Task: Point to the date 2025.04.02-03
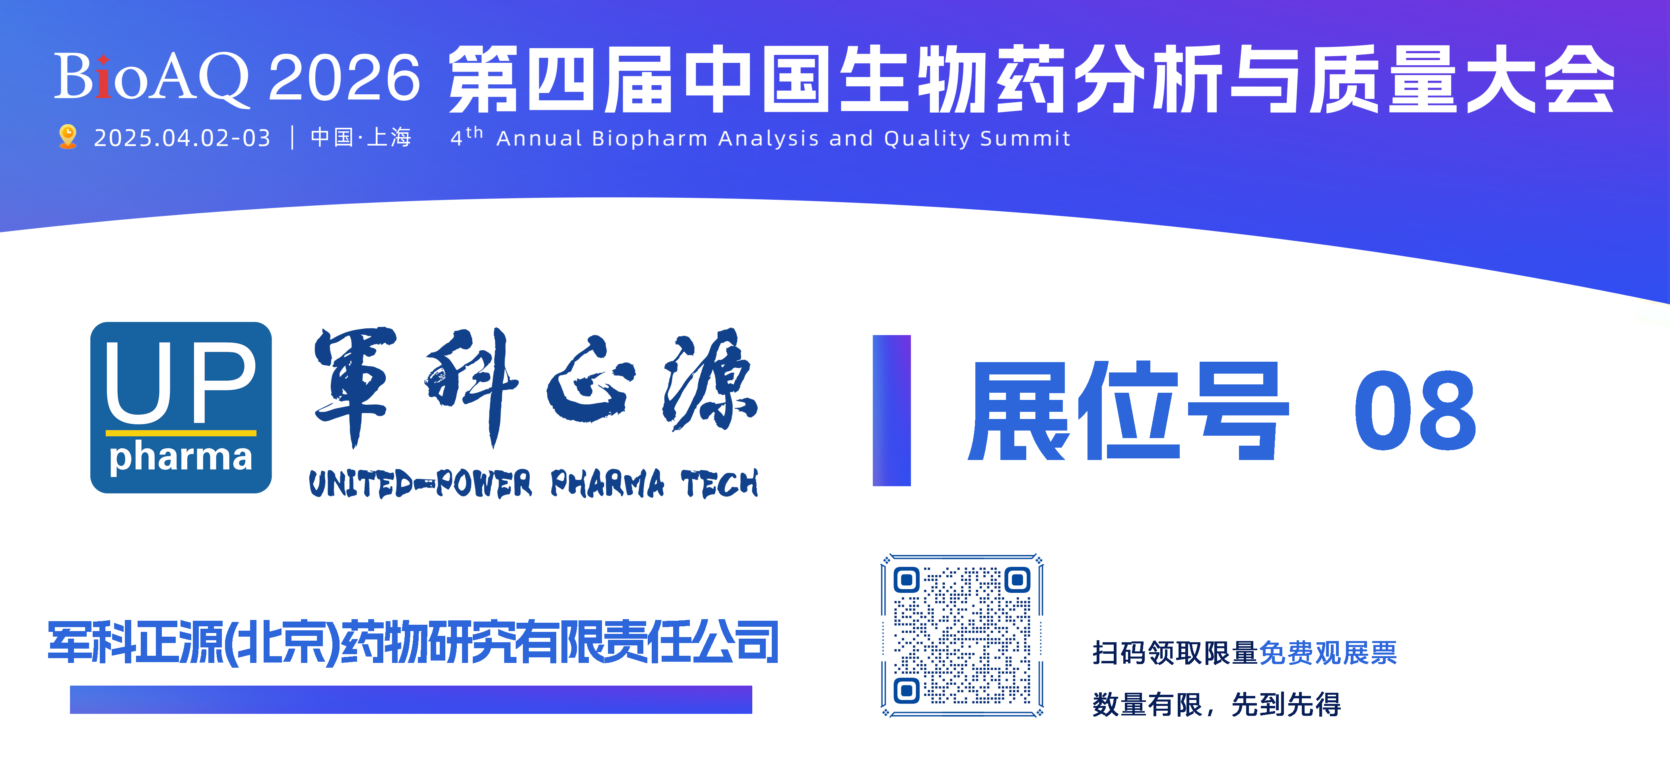pyautogui.click(x=182, y=138)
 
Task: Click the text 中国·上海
pyautogui.click(x=361, y=138)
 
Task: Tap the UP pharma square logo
pyautogui.click(x=181, y=407)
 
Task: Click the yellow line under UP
pyautogui.click(x=181, y=433)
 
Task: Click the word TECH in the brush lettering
pyautogui.click(x=719, y=484)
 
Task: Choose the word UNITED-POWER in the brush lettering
pyautogui.click(x=420, y=484)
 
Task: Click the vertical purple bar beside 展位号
pyautogui.click(x=891, y=410)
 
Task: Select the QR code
pyautogui.click(x=962, y=635)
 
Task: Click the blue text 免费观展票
pyautogui.click(x=1328, y=653)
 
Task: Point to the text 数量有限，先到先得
pyautogui.click(x=1216, y=704)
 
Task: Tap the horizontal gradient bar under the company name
pyautogui.click(x=411, y=700)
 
